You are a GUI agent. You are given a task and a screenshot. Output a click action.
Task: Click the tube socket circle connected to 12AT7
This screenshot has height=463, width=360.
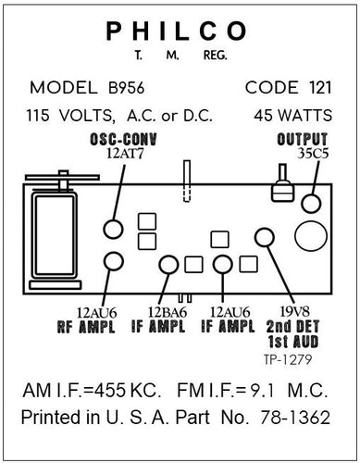point(113,228)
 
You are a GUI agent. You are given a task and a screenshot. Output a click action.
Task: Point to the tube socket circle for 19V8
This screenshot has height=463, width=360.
point(266,236)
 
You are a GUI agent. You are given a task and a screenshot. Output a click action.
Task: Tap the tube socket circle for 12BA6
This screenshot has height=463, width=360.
point(168,265)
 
